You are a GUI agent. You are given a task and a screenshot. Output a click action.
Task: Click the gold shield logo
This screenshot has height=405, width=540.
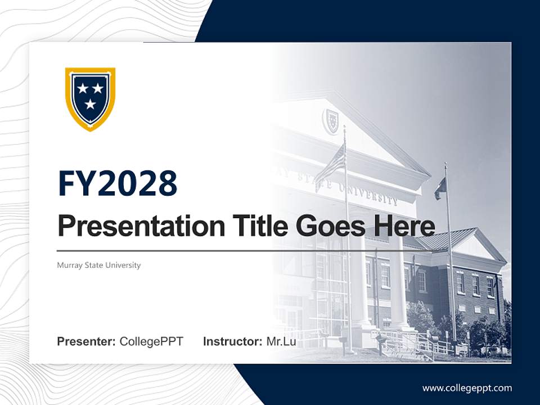(90, 98)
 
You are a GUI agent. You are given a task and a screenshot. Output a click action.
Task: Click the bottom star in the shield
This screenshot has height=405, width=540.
(91, 104)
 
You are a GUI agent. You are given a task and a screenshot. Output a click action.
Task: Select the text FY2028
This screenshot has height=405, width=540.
(118, 184)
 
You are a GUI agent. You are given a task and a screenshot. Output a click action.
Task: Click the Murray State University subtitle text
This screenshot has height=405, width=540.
(99, 265)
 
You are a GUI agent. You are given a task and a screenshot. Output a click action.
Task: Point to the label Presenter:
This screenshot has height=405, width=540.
(87, 341)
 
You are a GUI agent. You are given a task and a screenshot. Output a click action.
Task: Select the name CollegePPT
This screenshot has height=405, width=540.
(151, 341)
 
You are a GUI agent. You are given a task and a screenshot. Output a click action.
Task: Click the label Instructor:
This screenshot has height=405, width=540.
(232, 341)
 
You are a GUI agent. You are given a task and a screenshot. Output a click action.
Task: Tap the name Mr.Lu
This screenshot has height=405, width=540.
(281, 341)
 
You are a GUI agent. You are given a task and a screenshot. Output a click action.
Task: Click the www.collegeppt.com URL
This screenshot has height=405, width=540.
(467, 388)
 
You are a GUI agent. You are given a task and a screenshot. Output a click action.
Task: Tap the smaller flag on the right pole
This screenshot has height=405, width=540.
(440, 188)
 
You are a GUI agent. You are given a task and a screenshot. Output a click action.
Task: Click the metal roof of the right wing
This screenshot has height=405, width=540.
(444, 239)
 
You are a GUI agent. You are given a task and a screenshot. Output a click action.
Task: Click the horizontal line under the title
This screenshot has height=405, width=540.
(225, 250)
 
